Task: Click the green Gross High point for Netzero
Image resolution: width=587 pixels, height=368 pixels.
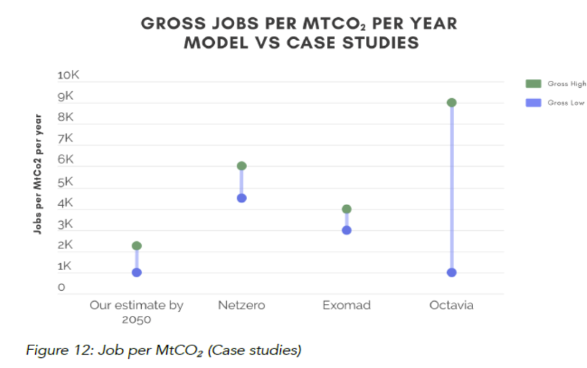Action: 241,166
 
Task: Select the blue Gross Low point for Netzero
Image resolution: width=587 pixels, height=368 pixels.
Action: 241,198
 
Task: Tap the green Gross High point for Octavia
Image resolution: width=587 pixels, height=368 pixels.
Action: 452,103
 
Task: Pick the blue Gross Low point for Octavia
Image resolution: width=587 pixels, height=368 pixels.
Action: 452,272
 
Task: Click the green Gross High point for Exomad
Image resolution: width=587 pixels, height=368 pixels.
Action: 346,209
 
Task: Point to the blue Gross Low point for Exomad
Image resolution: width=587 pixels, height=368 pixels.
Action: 346,230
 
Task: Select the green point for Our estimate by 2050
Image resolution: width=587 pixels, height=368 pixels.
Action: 137,245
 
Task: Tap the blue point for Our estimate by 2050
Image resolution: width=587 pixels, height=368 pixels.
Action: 137,272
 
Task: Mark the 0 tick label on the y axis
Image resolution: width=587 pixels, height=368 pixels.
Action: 62,288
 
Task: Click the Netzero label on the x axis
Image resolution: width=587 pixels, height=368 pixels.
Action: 241,306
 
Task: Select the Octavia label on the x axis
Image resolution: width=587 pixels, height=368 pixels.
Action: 451,306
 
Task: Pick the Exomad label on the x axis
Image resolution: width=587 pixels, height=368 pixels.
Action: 346,306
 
